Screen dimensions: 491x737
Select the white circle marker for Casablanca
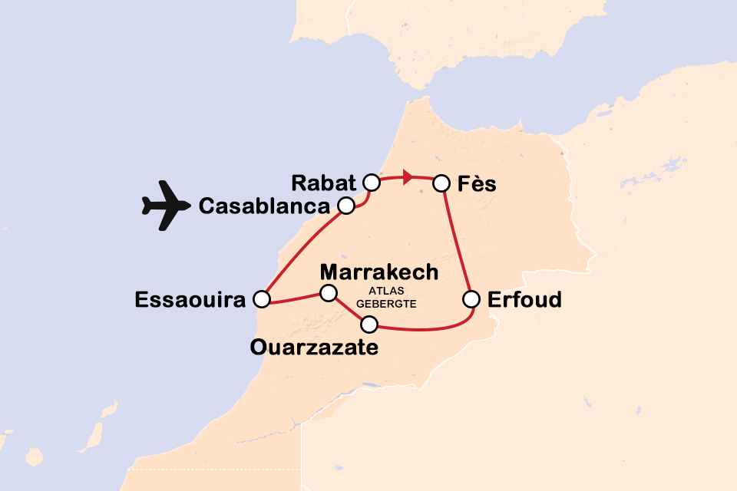pos(346,205)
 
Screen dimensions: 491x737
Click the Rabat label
pos(324,183)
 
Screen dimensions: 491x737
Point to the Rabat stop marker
pos(372,183)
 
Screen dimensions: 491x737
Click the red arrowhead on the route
pos(408,178)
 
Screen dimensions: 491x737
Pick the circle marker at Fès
pos(441,183)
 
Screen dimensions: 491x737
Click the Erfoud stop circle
pos(472,298)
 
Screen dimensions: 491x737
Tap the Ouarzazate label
pos(314,348)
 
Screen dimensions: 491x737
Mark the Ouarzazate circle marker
pos(370,323)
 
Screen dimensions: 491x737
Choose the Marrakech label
pos(379,272)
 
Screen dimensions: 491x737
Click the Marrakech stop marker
pos(329,292)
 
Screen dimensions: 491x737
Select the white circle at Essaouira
pos(263,298)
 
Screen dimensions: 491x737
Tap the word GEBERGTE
pos(392,303)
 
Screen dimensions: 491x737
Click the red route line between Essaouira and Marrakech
pos(296,296)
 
